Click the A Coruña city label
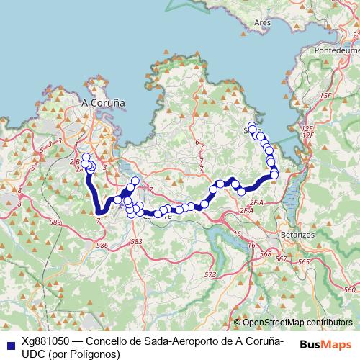coord(104,103)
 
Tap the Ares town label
coord(262,22)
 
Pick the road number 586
coord(102,246)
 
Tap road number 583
coord(136,242)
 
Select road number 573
coord(210,275)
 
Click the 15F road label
coord(325,96)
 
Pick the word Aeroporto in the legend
coord(183,342)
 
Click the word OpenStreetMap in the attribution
coord(274,323)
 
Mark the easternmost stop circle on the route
coord(274,174)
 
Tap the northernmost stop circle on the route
coord(251,127)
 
